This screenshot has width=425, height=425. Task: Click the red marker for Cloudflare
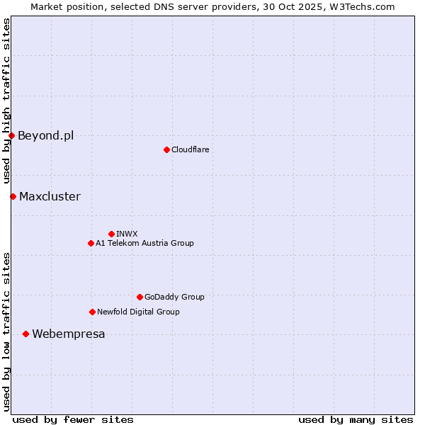(x=166, y=149)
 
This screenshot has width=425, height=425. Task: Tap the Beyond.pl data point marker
(x=12, y=135)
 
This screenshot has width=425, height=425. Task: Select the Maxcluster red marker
(x=13, y=196)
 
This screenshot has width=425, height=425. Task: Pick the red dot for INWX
(x=111, y=234)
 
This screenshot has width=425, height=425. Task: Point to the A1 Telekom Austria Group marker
(x=91, y=243)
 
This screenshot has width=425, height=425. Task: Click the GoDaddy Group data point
(x=140, y=297)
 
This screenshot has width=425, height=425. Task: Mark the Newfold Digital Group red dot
(x=92, y=312)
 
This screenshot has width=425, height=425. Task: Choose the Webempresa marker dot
(x=25, y=334)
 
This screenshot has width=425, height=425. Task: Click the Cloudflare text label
(x=191, y=149)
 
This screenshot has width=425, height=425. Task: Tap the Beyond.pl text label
(x=45, y=135)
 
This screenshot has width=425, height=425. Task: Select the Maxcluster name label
(x=50, y=196)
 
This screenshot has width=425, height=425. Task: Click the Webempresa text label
(x=69, y=334)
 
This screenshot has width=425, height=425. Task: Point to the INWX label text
(x=127, y=234)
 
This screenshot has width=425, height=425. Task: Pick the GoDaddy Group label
(x=174, y=297)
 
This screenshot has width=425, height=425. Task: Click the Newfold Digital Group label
(x=138, y=312)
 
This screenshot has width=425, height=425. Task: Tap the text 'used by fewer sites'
(x=73, y=419)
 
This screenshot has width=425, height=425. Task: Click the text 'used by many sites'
(x=356, y=419)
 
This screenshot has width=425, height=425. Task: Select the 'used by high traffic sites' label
(x=6, y=101)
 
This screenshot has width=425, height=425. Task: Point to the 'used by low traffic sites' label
(x=6, y=331)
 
